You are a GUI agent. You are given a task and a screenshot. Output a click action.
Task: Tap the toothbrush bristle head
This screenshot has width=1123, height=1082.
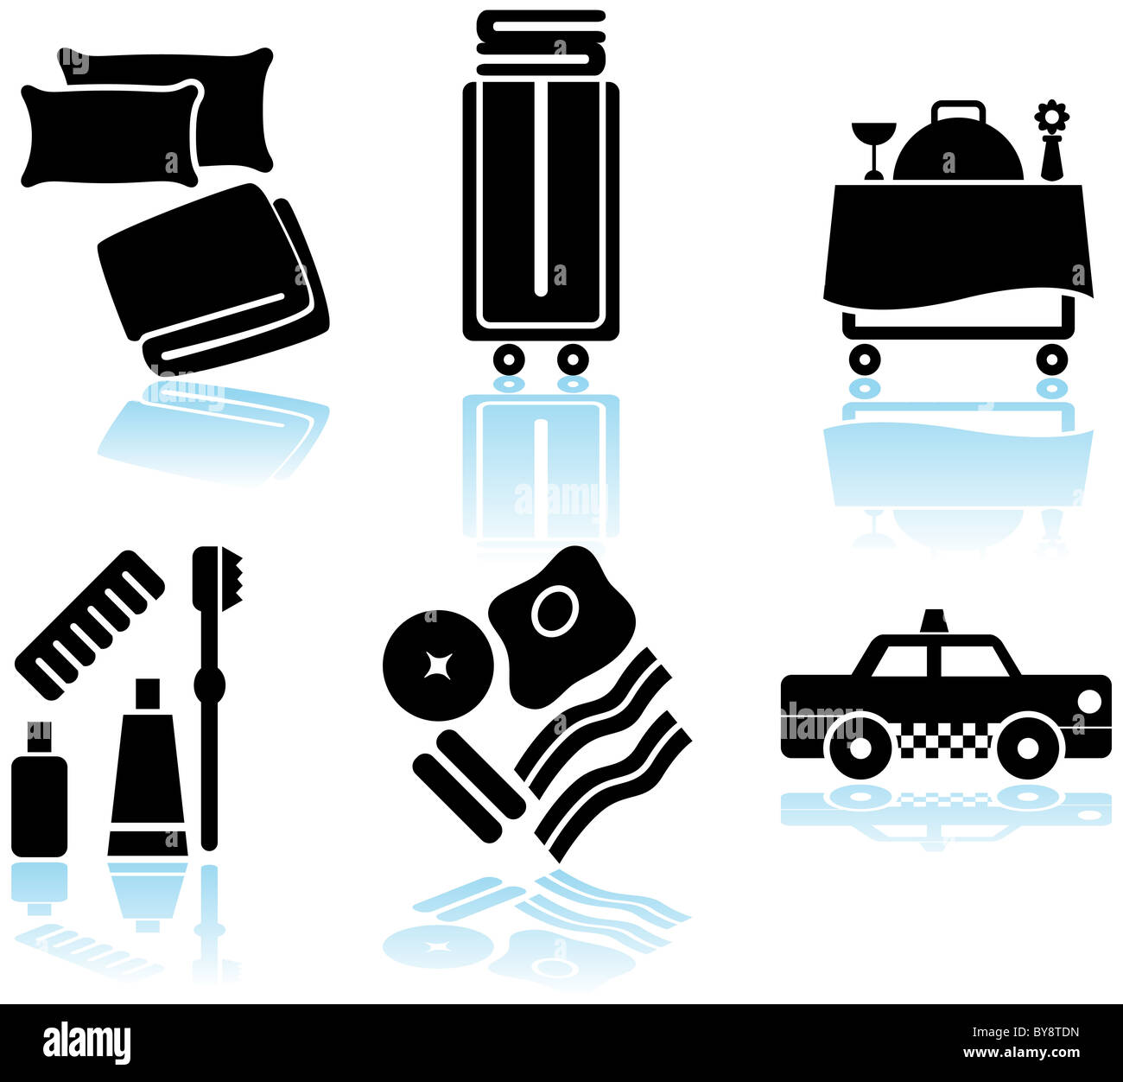[231, 578]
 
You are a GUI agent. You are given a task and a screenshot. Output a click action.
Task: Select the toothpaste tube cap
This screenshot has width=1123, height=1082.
[148, 694]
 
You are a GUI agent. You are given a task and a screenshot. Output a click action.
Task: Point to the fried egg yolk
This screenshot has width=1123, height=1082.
[554, 612]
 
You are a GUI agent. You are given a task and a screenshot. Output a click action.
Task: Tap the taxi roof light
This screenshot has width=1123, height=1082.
[934, 621]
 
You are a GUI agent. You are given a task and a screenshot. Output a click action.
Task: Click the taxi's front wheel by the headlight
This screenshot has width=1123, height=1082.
[1029, 746]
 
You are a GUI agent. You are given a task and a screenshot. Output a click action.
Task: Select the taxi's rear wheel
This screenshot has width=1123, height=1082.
[860, 746]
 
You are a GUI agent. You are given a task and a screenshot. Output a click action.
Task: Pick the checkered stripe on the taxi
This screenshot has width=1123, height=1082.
[945, 741]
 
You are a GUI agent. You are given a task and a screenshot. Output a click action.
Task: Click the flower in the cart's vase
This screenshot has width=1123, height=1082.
[1051, 116]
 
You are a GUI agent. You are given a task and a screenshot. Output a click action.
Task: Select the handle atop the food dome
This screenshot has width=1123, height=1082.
[958, 111]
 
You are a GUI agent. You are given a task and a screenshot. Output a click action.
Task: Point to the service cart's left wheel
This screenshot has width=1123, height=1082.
[864, 358]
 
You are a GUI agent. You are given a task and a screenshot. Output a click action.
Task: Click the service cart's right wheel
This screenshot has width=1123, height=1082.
[1051, 358]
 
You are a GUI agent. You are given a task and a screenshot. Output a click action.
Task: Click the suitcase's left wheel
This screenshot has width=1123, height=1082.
[509, 358]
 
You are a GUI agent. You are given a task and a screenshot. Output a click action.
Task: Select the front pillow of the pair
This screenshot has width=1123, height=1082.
[111, 135]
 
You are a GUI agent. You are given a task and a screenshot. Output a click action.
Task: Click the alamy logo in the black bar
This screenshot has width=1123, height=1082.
[87, 1042]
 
